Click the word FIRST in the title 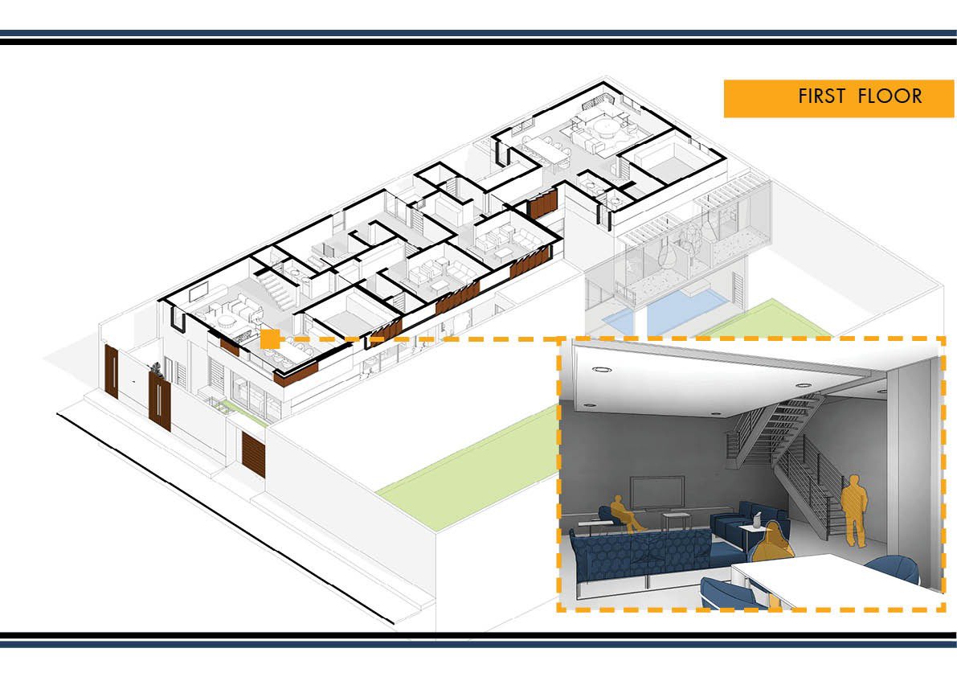[820, 96]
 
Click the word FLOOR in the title [890, 96]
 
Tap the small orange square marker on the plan [270, 338]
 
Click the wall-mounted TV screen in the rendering [656, 492]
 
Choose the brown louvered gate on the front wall [253, 453]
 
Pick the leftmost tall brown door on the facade [111, 371]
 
